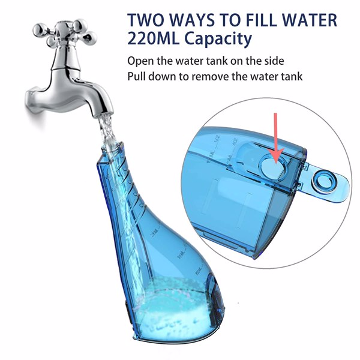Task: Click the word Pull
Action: tap(137, 77)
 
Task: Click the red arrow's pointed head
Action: tap(275, 158)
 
